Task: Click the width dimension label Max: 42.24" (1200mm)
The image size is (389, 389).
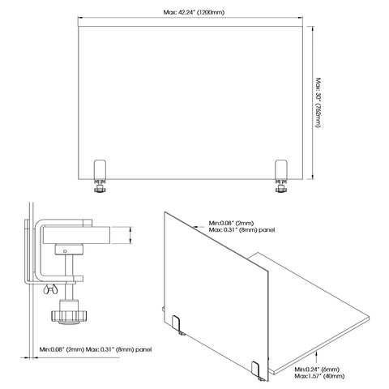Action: tap(194, 12)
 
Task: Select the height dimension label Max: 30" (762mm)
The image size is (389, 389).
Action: tap(318, 103)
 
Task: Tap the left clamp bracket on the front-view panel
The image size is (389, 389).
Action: tap(100, 169)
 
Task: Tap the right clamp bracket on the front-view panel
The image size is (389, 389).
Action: tap(281, 169)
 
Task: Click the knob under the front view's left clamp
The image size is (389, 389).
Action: tap(100, 189)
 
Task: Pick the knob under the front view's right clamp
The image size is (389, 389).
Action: tap(281, 189)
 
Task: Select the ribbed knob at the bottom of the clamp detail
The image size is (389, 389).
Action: tap(69, 315)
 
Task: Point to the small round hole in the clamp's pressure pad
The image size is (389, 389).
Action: tap(65, 251)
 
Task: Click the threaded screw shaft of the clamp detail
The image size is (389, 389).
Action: tap(69, 276)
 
